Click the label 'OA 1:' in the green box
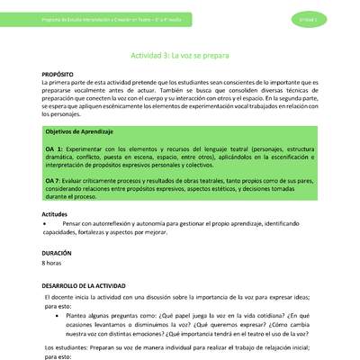pyautogui.click(x=54, y=146)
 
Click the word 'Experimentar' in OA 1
pyautogui.click(x=90, y=146)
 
